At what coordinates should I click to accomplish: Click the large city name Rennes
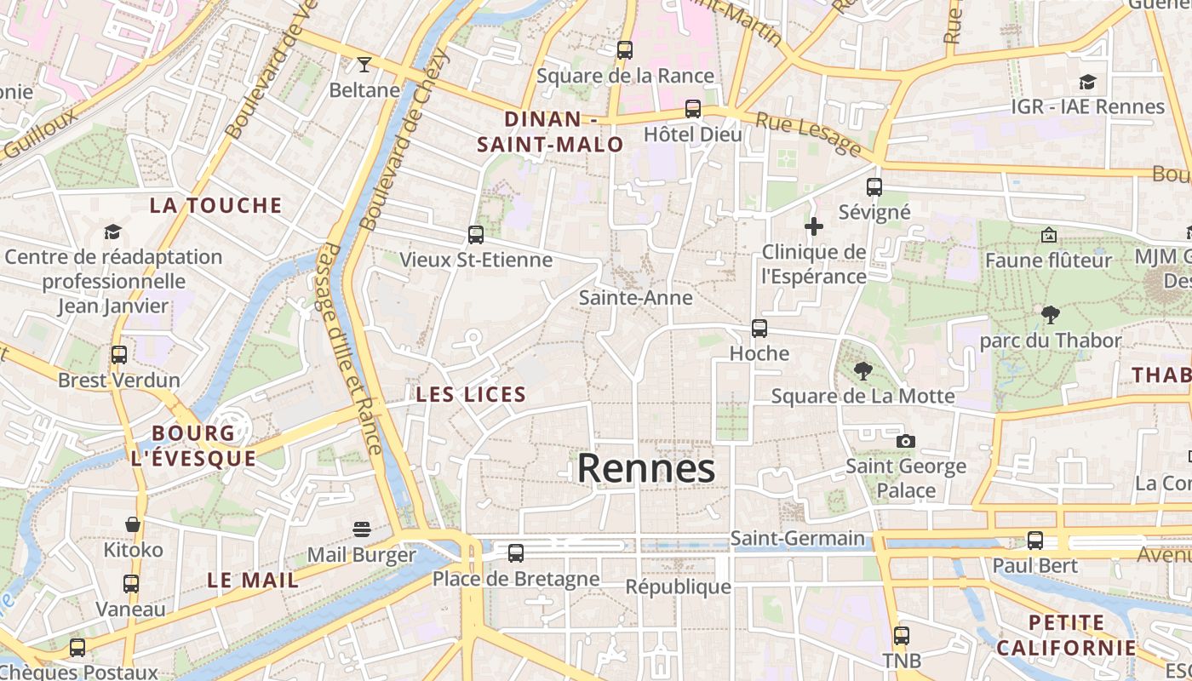[x=646, y=468]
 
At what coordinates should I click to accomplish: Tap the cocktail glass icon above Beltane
[x=364, y=64]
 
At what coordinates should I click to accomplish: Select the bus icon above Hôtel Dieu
[x=693, y=109]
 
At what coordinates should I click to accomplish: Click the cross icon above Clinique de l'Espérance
[x=814, y=226]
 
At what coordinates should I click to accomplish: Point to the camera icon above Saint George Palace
[x=906, y=441]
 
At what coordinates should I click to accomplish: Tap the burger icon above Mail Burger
[x=362, y=529]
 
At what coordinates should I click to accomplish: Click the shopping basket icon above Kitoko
[x=133, y=524]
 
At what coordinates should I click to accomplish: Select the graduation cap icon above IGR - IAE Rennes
[x=1087, y=82]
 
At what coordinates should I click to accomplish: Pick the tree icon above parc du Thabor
[x=1051, y=315]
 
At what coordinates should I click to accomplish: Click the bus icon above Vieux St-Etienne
[x=476, y=234]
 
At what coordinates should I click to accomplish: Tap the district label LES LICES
[x=471, y=395]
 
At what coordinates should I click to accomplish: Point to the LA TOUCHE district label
[x=215, y=205]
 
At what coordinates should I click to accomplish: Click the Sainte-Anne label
[x=635, y=298]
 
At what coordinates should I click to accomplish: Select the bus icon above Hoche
[x=759, y=328]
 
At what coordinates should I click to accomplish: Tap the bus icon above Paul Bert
[x=1035, y=540]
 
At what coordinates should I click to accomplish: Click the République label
[x=678, y=587]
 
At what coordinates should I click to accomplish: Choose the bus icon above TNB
[x=902, y=635]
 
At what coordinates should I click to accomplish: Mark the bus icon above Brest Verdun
[x=119, y=354]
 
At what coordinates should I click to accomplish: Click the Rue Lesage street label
[x=808, y=135]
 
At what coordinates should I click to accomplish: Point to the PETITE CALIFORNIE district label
[x=1066, y=635]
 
